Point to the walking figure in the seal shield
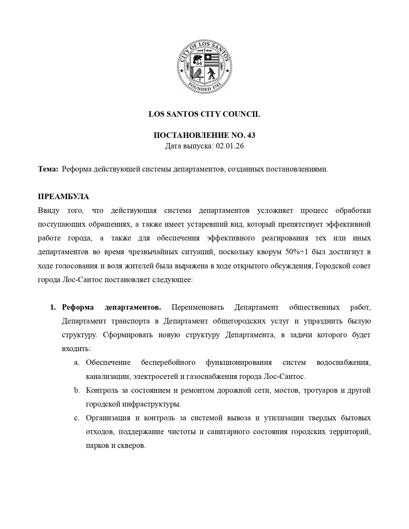click(211, 74)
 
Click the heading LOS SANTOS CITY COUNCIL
click(204, 114)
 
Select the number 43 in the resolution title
click(251, 135)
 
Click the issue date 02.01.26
click(230, 146)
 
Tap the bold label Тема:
click(48, 169)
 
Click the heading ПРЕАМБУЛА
click(64, 197)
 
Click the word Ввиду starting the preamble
click(48, 210)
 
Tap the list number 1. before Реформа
click(53, 307)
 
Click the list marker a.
click(76, 363)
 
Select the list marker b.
click(76, 390)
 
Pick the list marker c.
click(76, 418)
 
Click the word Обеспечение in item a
click(108, 363)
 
